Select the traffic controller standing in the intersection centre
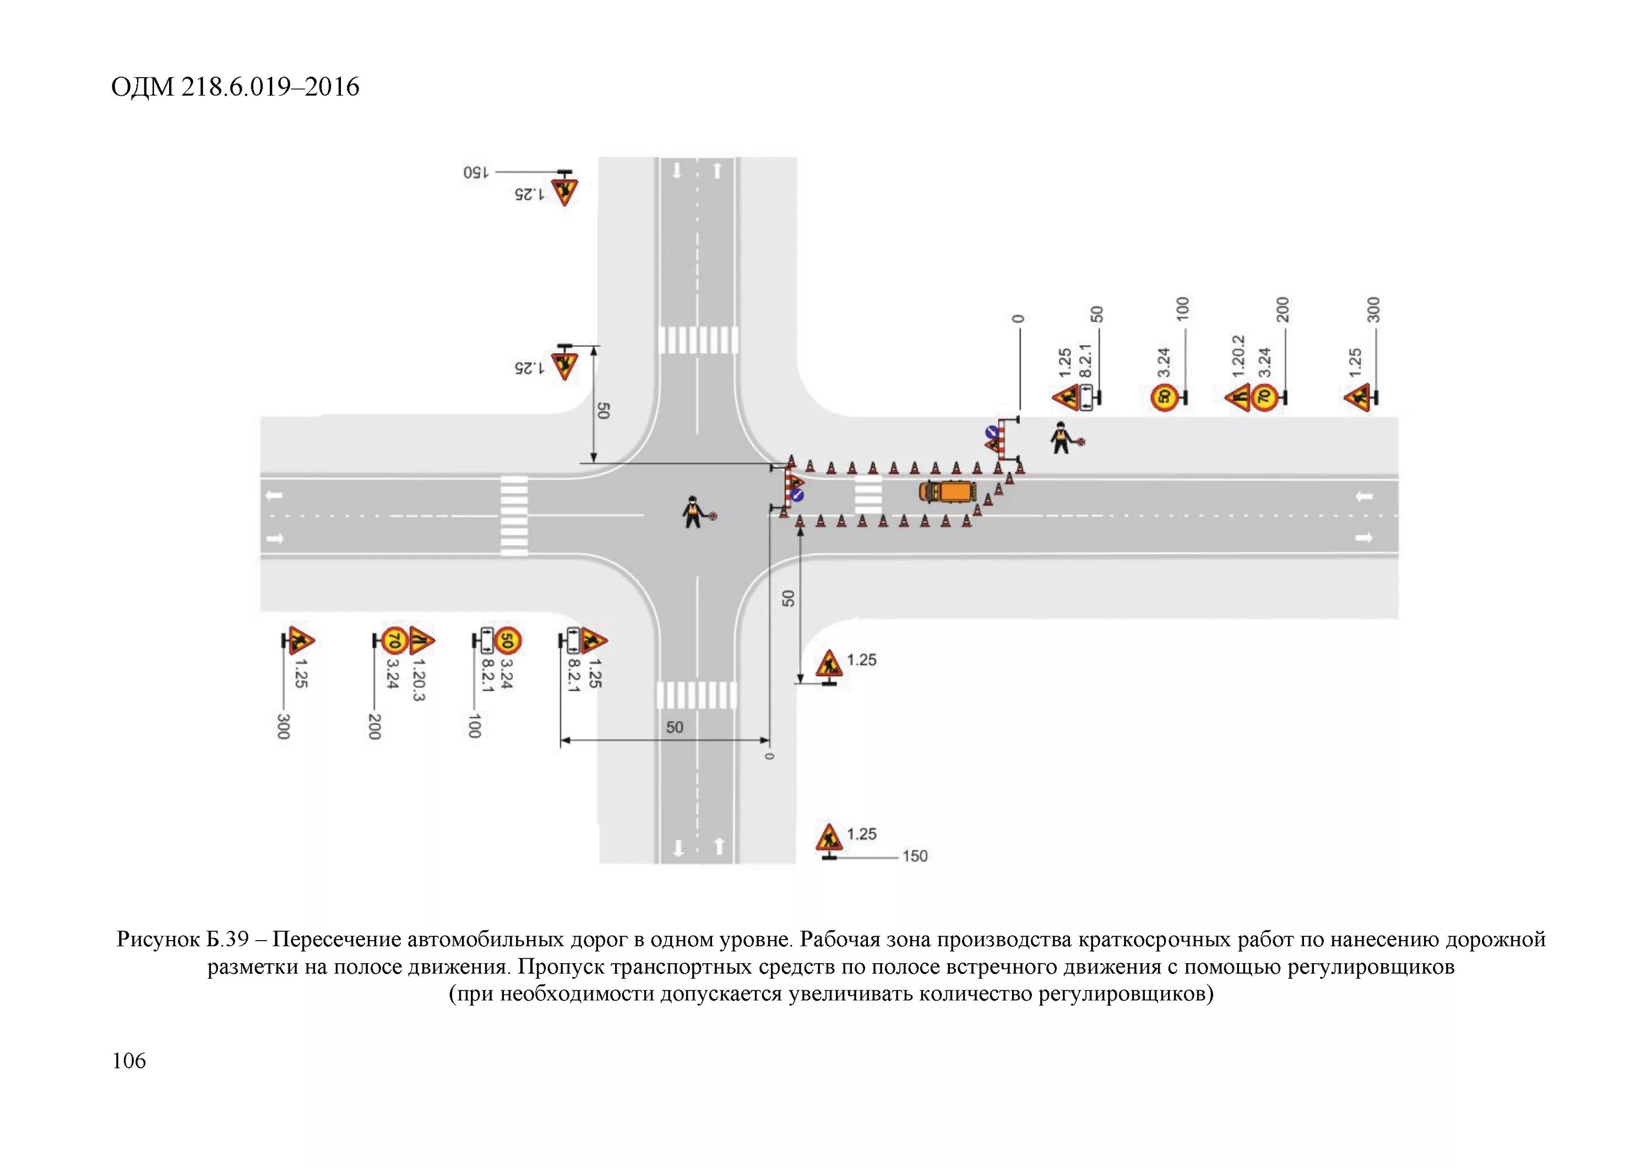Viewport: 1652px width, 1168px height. [x=693, y=512]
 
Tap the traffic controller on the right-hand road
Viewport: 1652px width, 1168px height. [x=1061, y=437]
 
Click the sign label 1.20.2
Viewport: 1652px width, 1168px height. [x=1238, y=357]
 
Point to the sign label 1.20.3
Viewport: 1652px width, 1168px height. [x=419, y=680]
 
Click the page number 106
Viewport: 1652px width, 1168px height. [x=129, y=1061]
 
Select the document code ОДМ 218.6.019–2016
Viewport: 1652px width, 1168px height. [x=235, y=87]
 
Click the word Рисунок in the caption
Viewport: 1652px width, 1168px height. [x=156, y=940]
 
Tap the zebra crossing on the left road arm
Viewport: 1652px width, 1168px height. [x=514, y=515]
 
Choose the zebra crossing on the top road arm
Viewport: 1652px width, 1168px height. [x=697, y=340]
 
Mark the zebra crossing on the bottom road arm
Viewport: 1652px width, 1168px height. [x=697, y=696]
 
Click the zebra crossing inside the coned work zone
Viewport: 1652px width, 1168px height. [x=868, y=495]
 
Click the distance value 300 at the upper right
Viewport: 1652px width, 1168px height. [x=1373, y=310]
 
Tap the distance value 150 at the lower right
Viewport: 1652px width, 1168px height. [x=915, y=856]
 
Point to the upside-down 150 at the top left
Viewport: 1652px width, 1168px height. [x=476, y=173]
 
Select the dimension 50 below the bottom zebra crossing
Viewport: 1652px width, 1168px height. [x=674, y=727]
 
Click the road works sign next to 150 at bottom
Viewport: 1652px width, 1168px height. [x=829, y=838]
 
